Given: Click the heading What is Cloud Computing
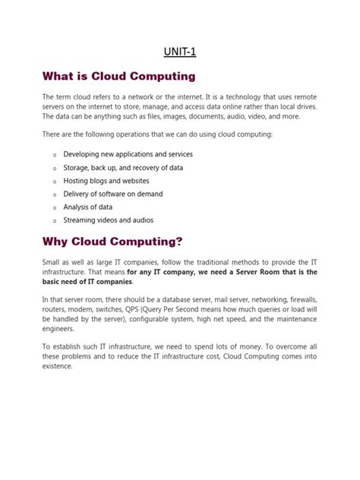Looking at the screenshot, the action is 118,77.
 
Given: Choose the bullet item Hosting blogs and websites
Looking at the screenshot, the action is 106,181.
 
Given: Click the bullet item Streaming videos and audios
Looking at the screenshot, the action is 108,220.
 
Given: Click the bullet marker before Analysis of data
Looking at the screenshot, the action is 54,207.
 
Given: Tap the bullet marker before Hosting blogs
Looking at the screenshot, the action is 54,182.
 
